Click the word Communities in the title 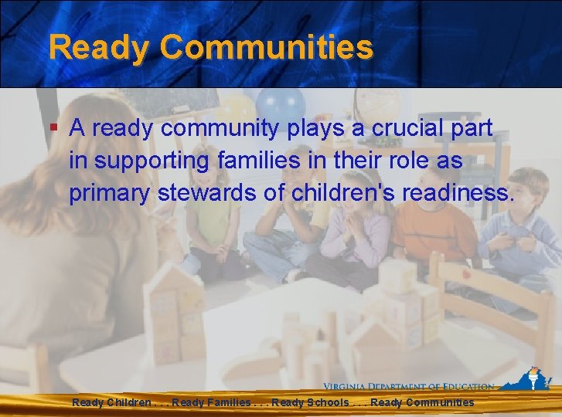coord(267,48)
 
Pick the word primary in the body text coord(110,194)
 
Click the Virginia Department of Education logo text coord(409,387)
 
